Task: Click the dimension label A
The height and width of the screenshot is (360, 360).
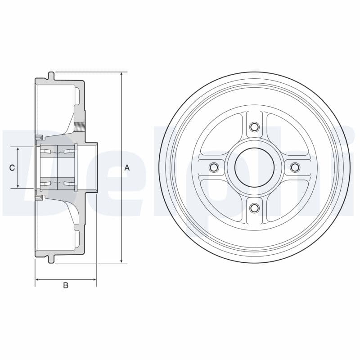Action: tap(127, 168)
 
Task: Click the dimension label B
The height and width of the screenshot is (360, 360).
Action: tap(66, 285)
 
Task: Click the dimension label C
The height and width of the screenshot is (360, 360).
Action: tap(12, 168)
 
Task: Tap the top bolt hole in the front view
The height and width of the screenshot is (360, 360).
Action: tap(254, 127)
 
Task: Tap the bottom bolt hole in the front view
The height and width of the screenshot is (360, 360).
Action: tap(254, 208)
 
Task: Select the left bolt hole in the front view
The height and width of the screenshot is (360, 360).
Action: tap(214, 167)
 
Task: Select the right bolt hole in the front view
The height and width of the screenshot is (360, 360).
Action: tap(295, 167)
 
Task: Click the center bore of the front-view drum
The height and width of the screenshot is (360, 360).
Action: tap(254, 167)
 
